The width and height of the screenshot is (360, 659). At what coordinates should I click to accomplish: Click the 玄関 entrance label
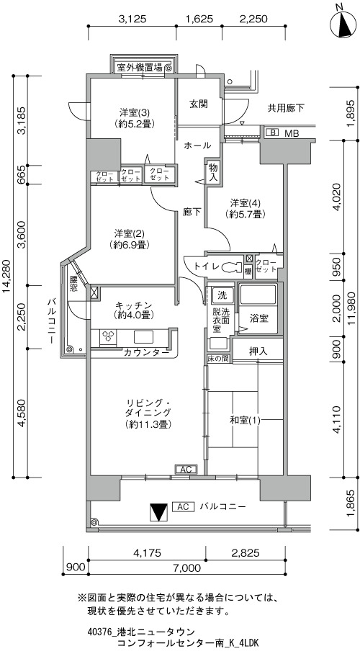point(198,104)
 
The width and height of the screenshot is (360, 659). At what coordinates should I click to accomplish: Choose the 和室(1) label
point(245,420)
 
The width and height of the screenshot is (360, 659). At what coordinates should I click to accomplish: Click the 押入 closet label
point(258,351)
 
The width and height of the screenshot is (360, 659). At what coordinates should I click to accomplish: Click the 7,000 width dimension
point(186,568)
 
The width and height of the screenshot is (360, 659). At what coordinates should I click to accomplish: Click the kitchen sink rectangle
point(144,338)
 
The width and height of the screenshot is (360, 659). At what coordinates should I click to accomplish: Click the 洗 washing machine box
point(221,295)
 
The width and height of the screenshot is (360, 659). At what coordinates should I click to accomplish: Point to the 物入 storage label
point(213,173)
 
